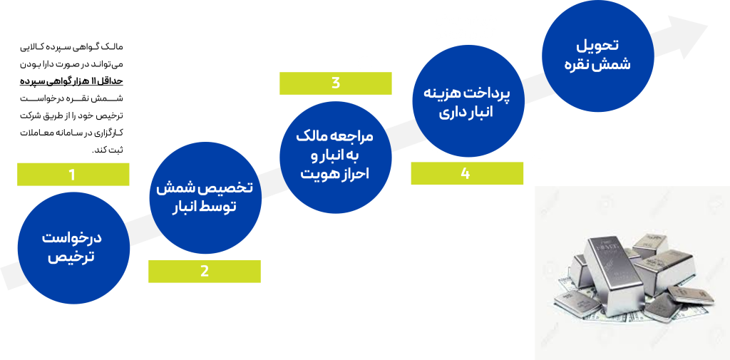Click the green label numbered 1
(73, 175)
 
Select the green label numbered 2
(205, 272)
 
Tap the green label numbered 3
(336, 83)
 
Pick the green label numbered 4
(466, 174)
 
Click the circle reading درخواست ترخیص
(73, 247)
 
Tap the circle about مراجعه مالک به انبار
(334, 156)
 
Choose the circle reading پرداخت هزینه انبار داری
(468, 102)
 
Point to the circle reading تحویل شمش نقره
(597, 56)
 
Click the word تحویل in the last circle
(597, 46)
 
